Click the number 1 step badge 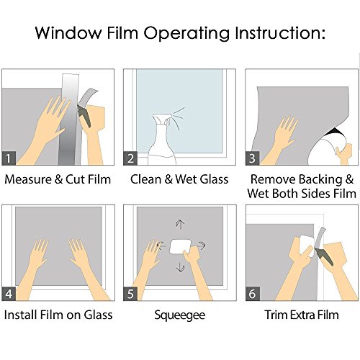pos(9,158)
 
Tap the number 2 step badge pos(130,158)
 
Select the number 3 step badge pos(252,158)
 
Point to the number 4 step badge pos(9,294)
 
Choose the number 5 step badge pos(130,294)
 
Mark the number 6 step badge pos(253,294)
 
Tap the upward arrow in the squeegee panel pos(180,225)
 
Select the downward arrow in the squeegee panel pos(180,267)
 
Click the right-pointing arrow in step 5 pos(201,246)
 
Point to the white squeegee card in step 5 pos(180,246)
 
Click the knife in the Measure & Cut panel pos(84,116)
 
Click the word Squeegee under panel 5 pos(180,315)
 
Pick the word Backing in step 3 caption pos(320,179)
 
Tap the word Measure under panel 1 pos(28,179)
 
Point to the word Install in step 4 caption pos(20,315)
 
